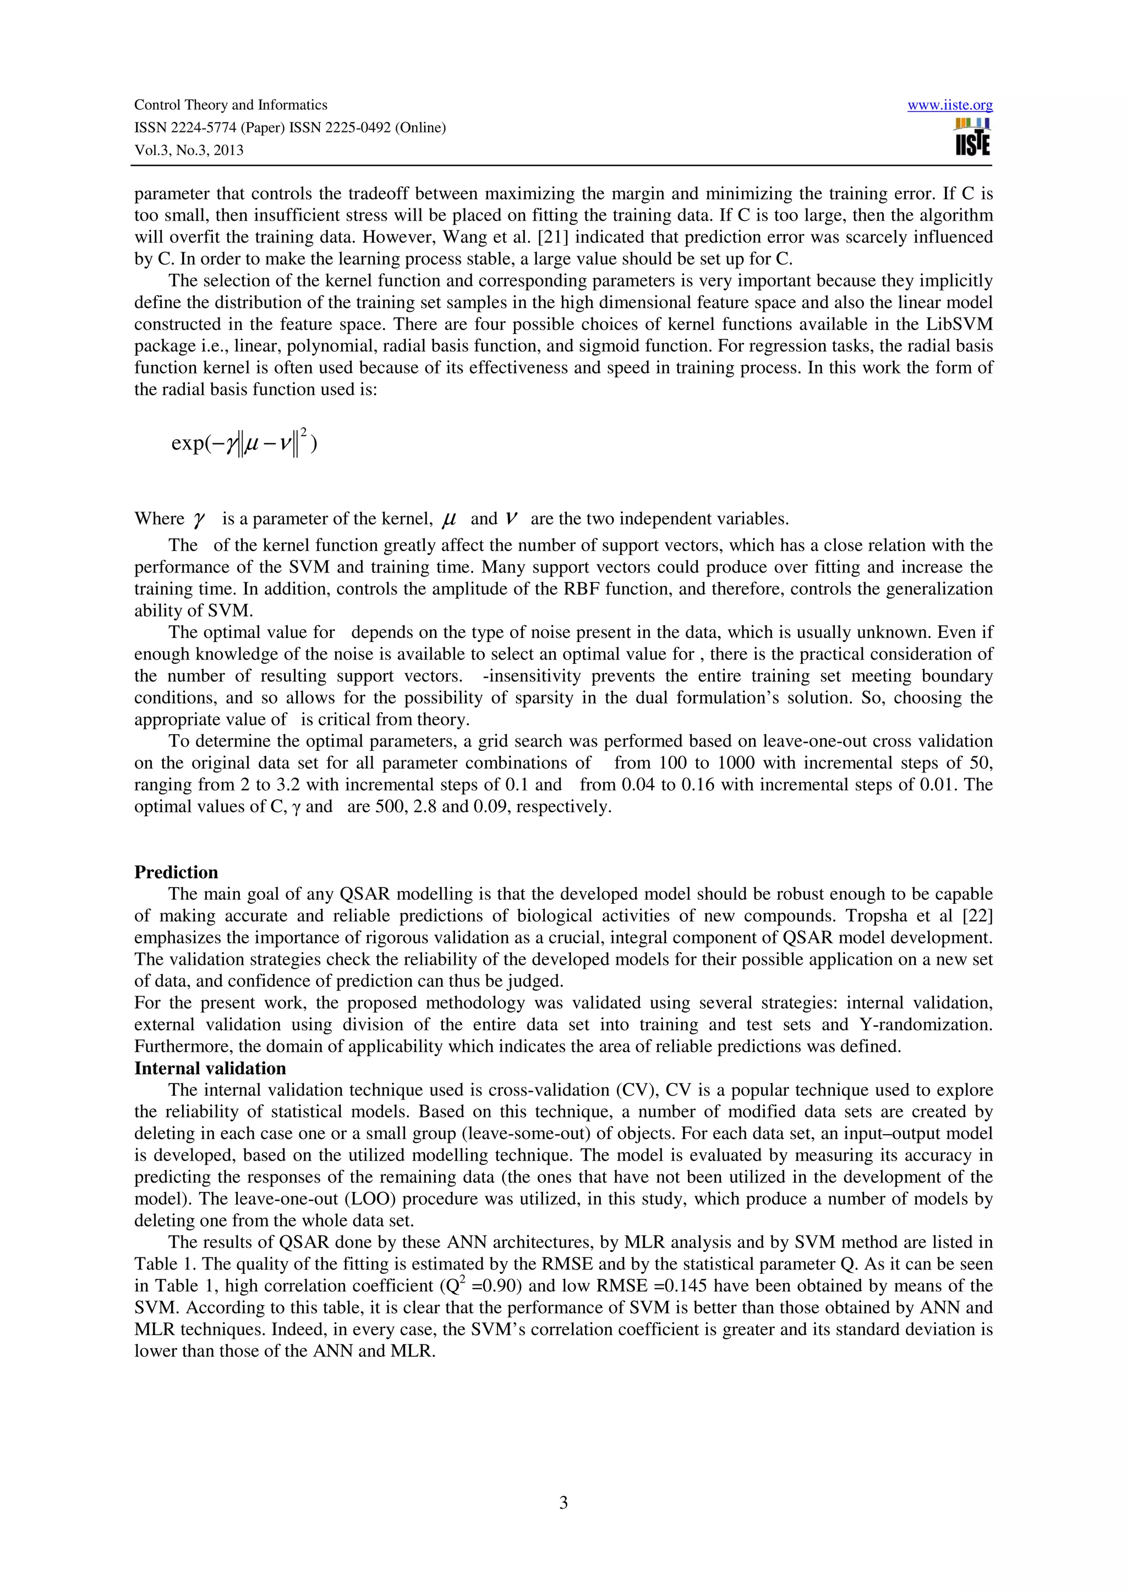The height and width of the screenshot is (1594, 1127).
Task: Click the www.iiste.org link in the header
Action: click(949, 106)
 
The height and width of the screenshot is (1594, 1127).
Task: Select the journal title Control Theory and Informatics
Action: click(230, 105)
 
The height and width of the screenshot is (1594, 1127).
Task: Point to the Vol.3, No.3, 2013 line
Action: click(188, 150)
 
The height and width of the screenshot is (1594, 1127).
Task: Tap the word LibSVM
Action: click(964, 324)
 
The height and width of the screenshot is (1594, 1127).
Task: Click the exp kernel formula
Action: click(243, 443)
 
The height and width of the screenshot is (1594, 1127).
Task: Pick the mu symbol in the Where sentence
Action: click(449, 519)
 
